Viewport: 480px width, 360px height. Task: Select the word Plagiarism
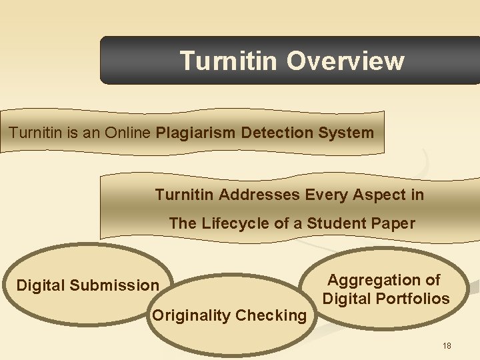(196, 133)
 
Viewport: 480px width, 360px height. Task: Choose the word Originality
(190, 315)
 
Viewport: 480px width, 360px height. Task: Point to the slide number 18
(447, 345)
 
